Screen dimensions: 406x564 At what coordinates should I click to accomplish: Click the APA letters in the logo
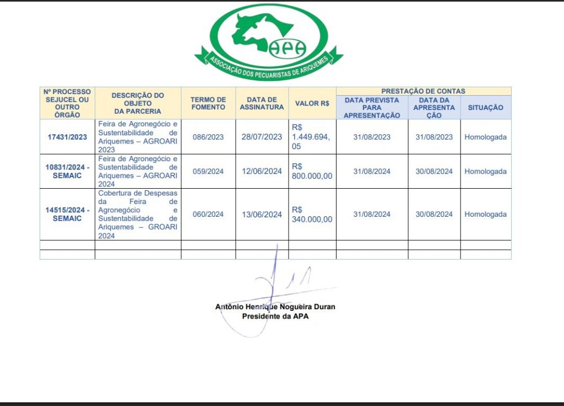pos(287,48)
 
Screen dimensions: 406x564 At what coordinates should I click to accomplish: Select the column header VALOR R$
pos(312,103)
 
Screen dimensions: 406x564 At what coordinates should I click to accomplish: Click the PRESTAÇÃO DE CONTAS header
pos(423,91)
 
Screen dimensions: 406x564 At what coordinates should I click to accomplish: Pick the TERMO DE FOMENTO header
pos(208,103)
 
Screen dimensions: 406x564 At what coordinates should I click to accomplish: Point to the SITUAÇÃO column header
pos(485,108)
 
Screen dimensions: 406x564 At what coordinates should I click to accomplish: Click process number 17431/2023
pos(67,137)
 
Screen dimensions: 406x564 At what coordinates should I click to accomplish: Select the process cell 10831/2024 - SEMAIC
pos(67,171)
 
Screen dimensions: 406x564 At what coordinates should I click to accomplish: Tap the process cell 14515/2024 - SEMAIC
pos(67,214)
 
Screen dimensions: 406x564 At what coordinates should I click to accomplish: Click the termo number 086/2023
pos(208,137)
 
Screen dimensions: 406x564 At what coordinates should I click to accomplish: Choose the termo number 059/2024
pos(208,171)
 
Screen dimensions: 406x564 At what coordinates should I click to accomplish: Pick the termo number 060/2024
pos(208,214)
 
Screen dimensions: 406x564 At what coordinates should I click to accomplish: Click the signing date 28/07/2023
pos(262,137)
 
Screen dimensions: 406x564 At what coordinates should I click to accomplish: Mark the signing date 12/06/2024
pos(262,171)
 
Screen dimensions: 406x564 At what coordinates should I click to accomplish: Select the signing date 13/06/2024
pos(262,214)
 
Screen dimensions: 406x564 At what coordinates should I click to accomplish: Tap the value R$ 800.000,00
pos(312,171)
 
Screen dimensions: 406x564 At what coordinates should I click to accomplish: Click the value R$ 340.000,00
pos(312,214)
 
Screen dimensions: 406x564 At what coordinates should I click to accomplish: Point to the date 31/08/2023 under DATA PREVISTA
pos(372,137)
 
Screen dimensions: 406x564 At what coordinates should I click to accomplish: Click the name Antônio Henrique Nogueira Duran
pos(275,307)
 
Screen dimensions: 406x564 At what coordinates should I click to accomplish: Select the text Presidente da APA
pos(275,316)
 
